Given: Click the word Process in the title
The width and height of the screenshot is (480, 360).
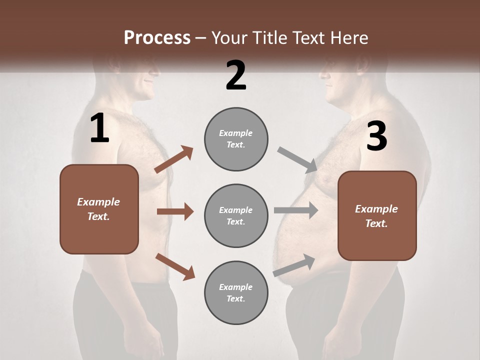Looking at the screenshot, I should [x=157, y=37].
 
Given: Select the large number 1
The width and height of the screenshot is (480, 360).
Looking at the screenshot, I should [x=99, y=128].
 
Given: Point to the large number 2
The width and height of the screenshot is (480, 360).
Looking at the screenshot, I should [x=236, y=75].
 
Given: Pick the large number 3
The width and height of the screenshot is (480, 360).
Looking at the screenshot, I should [x=376, y=136].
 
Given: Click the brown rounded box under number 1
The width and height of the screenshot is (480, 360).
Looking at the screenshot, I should [x=99, y=209].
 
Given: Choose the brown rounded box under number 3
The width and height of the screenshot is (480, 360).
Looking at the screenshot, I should [x=377, y=216].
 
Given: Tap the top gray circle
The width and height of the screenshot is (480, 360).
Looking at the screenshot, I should [x=236, y=139].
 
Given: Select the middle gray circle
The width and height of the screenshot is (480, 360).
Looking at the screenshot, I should [x=236, y=215].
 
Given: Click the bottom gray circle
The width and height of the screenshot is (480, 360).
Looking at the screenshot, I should [x=236, y=292].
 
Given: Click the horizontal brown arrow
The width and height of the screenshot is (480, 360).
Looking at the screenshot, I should [x=175, y=211].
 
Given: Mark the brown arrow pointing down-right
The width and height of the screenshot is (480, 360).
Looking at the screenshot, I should [x=175, y=266].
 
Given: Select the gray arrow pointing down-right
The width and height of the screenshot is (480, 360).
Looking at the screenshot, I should [x=297, y=160].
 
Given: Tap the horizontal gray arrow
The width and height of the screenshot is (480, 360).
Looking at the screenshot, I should [x=296, y=210].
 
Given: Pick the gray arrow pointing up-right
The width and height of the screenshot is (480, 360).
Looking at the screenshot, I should [x=294, y=265].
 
